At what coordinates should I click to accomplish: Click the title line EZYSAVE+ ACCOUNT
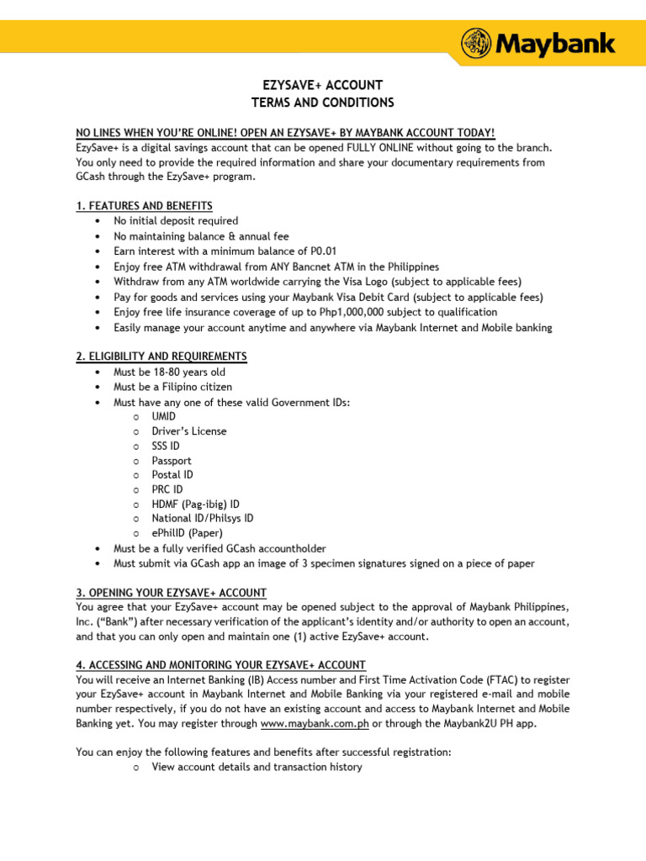(x=322, y=86)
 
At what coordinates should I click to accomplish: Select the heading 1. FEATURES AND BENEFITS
(x=144, y=206)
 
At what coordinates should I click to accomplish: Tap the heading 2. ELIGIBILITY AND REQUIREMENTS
(x=161, y=357)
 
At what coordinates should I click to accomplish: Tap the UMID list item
(x=165, y=416)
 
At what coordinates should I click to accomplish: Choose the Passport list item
(x=172, y=461)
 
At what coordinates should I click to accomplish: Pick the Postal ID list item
(x=172, y=475)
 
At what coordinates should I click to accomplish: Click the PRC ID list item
(x=167, y=489)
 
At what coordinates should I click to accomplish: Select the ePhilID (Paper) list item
(x=188, y=534)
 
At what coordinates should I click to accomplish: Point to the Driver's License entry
(x=189, y=431)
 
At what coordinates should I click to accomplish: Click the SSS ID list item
(x=166, y=446)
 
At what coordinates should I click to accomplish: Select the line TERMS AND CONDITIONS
(x=322, y=103)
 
